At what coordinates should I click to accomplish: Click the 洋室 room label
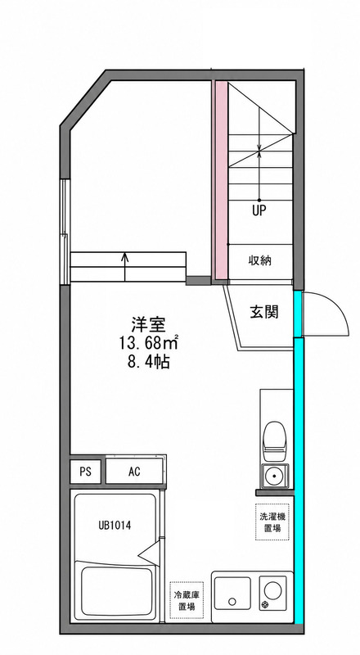point(149,323)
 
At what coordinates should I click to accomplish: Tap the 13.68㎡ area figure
point(149,342)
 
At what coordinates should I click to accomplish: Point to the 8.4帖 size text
point(149,361)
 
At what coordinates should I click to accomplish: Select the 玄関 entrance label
point(264,311)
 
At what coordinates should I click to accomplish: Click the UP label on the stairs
point(259,210)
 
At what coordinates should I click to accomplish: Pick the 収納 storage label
point(260,260)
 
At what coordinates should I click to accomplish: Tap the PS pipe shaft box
point(85,472)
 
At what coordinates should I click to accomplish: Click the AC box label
point(134,472)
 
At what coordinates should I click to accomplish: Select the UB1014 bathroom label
point(115,525)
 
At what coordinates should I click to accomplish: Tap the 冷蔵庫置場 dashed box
point(187,600)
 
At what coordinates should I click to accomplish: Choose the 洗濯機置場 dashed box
point(272,522)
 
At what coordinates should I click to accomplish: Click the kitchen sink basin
point(232,594)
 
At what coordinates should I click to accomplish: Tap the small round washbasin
point(274,476)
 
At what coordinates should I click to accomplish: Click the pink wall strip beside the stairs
point(222,181)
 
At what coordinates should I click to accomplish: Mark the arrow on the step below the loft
point(125,267)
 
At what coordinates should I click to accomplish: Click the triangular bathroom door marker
point(149,554)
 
